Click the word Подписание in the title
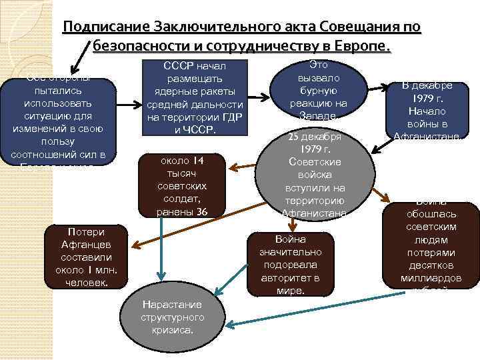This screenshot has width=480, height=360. (x=106, y=27)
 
